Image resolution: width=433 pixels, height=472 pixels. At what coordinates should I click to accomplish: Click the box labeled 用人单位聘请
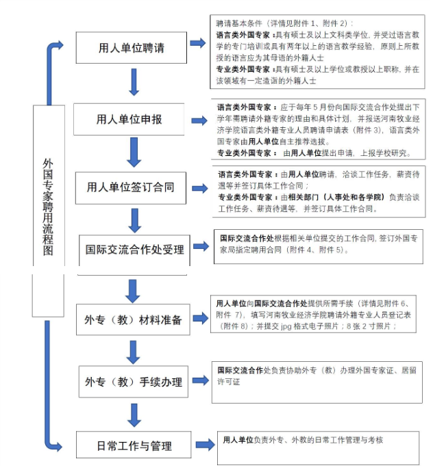(131, 48)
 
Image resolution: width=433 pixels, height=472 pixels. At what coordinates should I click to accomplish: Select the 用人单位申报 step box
(129, 119)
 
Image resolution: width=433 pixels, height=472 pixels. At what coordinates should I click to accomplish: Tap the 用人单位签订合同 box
(131, 188)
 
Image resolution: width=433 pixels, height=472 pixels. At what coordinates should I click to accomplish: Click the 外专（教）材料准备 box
(133, 319)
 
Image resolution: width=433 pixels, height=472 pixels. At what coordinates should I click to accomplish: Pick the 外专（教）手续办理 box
(134, 382)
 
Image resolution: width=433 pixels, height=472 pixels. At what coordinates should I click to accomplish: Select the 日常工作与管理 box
(134, 445)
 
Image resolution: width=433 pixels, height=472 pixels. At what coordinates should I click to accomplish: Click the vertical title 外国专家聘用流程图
(48, 208)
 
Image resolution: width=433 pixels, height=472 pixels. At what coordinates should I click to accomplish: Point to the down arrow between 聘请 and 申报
(134, 82)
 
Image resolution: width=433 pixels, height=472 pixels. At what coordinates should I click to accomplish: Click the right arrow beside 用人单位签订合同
(200, 188)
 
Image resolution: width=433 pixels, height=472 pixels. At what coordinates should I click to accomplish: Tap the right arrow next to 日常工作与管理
(206, 445)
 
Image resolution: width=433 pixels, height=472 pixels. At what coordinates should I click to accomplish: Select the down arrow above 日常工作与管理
(134, 415)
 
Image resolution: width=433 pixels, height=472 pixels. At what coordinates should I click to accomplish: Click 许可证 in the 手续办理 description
(229, 382)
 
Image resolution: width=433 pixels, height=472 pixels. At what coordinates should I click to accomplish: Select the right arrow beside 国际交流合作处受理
(201, 246)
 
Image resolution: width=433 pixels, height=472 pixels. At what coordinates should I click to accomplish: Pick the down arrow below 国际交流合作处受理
(133, 291)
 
